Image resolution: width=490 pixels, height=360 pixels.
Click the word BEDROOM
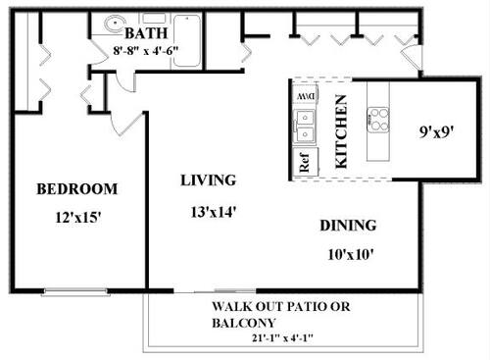[x=77, y=188]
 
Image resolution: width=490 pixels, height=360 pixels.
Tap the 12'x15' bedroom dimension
[x=77, y=217]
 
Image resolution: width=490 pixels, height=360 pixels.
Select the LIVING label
[x=208, y=180]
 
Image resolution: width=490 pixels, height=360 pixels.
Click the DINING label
[x=348, y=227]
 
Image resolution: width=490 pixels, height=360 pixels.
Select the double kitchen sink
[x=305, y=127]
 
